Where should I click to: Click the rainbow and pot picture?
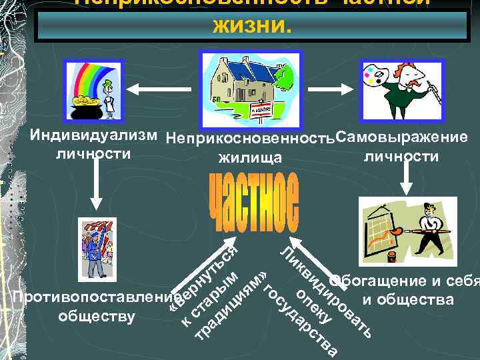click(x=93, y=87)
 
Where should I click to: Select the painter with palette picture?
click(x=397, y=87)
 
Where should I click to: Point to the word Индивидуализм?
click(x=93, y=138)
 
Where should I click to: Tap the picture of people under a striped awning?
click(x=97, y=248)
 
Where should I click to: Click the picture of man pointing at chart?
click(x=399, y=230)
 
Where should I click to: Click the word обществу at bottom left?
click(x=97, y=315)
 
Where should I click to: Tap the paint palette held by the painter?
click(x=377, y=71)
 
